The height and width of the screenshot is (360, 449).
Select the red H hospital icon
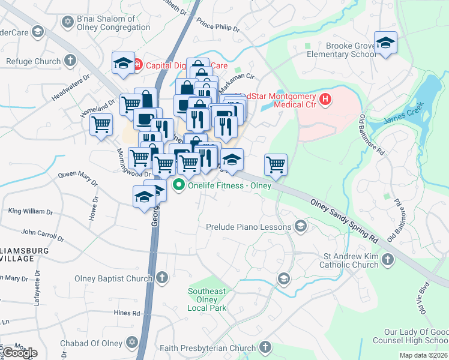pyautogui.click(x=326, y=99)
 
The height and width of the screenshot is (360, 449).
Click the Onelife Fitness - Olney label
pyautogui.click(x=229, y=185)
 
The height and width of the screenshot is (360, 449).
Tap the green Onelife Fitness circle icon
pyautogui.click(x=178, y=185)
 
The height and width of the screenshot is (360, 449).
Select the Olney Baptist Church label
pyautogui.click(x=113, y=278)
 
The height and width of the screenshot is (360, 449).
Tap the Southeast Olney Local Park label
pyautogui.click(x=206, y=299)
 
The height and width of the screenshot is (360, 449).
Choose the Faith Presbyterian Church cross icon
pyautogui.click(x=265, y=347)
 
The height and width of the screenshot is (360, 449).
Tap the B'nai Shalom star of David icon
pyautogui.click(x=67, y=22)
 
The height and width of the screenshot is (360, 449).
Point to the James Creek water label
pyautogui.click(x=403, y=114)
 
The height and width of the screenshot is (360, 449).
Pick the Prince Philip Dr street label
pyautogui.click(x=218, y=28)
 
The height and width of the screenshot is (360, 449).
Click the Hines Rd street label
pyautogui.click(x=127, y=313)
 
